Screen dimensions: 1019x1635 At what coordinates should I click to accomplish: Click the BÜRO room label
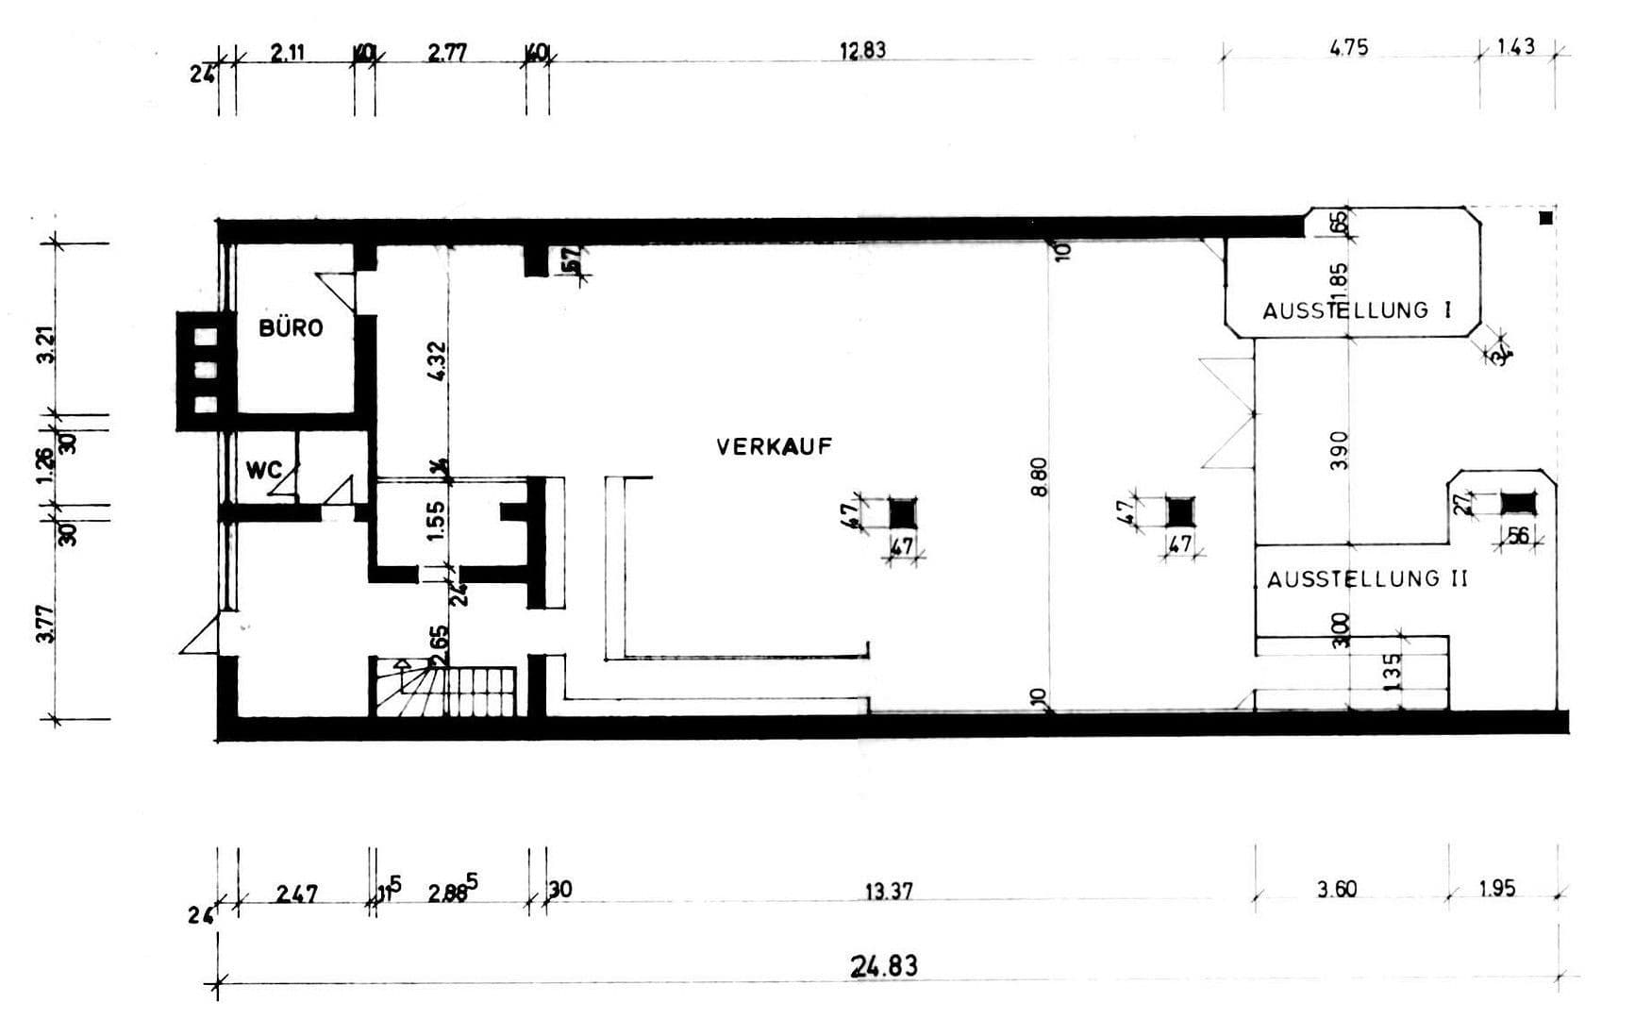291,328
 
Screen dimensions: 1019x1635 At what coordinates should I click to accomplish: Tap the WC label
263,470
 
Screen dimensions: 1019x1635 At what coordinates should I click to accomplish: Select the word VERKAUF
774,447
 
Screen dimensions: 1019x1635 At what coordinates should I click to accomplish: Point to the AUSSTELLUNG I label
1357,309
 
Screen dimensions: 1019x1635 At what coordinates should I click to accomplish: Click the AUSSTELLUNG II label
1367,579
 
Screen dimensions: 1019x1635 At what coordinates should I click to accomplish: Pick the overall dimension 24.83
884,966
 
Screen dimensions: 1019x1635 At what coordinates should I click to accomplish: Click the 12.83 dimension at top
862,50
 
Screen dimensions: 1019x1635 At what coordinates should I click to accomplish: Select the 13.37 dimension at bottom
888,890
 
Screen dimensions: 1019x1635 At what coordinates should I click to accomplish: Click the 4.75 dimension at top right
1348,47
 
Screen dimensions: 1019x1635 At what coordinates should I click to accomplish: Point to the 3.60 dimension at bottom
1336,889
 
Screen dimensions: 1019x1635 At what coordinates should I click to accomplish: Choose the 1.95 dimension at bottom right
1496,889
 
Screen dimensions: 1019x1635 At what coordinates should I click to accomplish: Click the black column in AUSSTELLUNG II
1518,503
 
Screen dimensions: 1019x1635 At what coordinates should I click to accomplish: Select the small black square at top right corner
1544,218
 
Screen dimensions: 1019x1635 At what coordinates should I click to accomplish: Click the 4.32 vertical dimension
436,361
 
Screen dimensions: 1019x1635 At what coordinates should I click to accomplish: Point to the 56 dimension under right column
1517,536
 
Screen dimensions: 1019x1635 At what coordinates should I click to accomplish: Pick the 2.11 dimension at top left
287,53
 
